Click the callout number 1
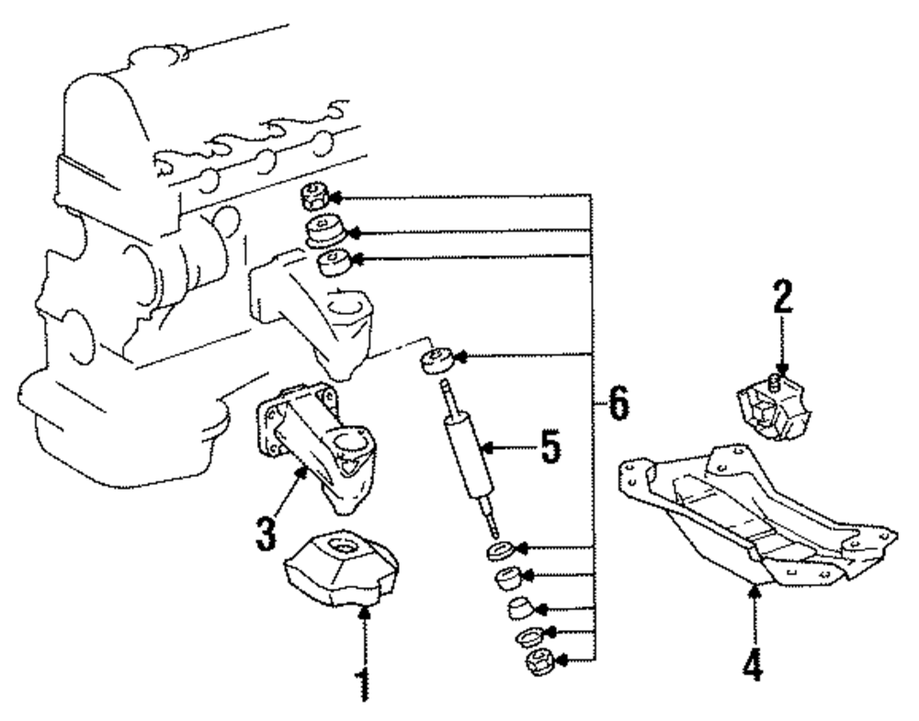click(365, 682)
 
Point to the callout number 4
click(753, 662)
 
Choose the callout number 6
click(618, 404)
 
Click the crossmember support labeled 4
click(754, 514)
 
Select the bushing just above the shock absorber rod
click(435, 359)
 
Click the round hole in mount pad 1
click(347, 548)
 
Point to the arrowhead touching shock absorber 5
click(488, 447)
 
